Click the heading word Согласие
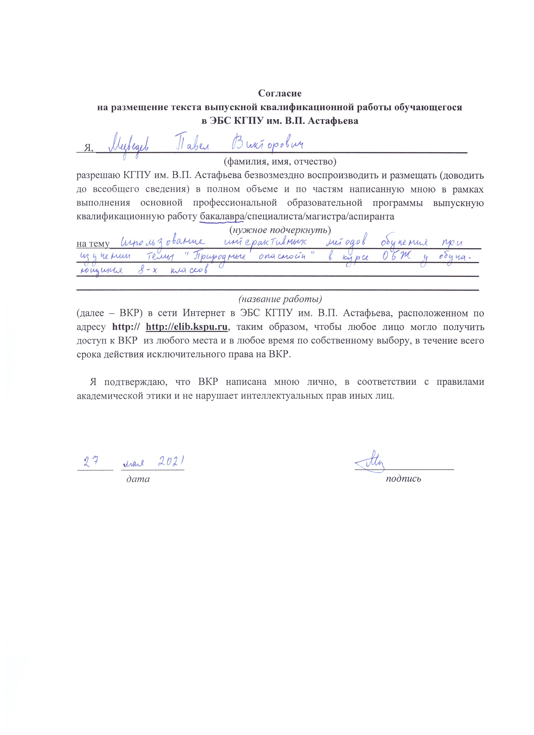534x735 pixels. (280, 94)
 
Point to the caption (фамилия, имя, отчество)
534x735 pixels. (280, 161)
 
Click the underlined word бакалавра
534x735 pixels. (222, 217)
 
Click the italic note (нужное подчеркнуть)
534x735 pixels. (280, 230)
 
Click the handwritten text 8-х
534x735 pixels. (147, 271)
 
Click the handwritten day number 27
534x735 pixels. (91, 461)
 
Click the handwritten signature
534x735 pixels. (370, 461)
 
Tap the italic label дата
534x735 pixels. (138, 479)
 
